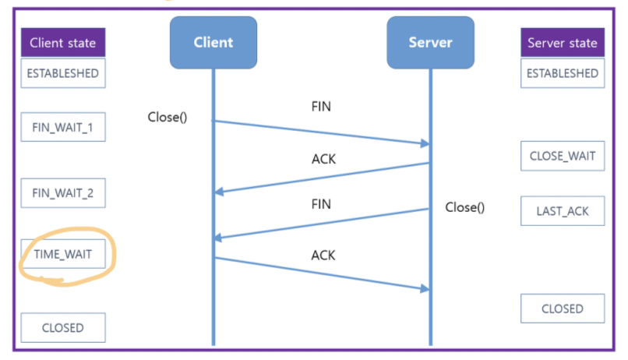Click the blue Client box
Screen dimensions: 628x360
click(213, 42)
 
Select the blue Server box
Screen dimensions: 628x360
click(431, 42)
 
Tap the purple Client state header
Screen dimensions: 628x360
click(63, 42)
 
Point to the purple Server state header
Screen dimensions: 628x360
click(563, 42)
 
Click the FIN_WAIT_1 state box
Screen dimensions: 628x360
click(63, 127)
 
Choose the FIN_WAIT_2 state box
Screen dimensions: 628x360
click(63, 193)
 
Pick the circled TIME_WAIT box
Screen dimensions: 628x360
click(63, 254)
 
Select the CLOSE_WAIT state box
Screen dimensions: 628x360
click(563, 156)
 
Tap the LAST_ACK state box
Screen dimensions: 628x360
click(563, 211)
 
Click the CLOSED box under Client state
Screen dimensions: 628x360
click(63, 327)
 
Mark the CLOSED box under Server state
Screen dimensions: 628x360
click(563, 309)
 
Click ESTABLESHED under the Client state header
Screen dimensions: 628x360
click(63, 73)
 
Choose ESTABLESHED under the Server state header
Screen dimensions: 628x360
click(563, 73)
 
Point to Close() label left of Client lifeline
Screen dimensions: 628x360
click(168, 117)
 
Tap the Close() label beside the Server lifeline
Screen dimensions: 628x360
click(465, 207)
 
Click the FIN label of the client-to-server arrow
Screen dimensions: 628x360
click(321, 107)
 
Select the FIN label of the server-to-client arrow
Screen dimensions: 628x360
click(321, 204)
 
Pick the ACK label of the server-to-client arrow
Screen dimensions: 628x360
click(323, 159)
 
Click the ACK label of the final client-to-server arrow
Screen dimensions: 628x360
click(323, 255)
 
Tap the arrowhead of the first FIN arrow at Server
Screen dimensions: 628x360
click(425, 143)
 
